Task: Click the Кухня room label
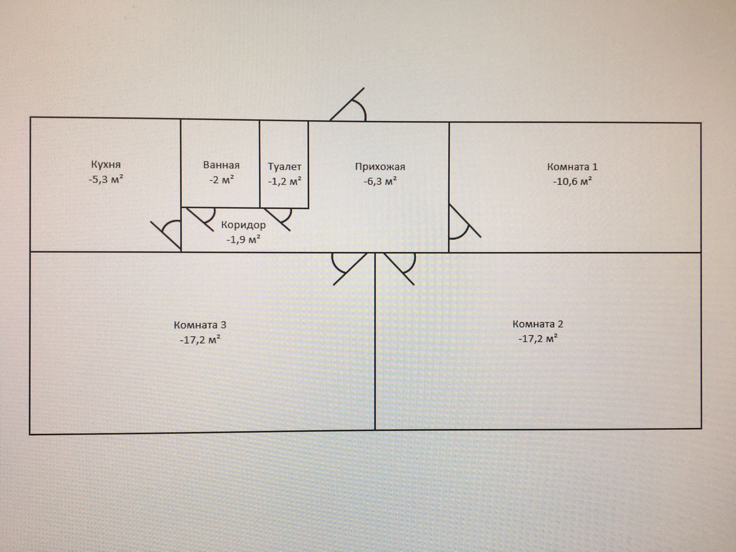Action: [106, 164]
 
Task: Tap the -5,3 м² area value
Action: [106, 179]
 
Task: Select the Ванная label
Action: [221, 165]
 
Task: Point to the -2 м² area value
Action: [221, 180]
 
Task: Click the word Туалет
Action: [284, 167]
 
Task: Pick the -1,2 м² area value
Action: [284, 181]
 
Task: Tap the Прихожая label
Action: [380, 167]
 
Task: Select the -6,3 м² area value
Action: [380, 181]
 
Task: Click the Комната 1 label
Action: [572, 167]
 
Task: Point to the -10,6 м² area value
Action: [572, 181]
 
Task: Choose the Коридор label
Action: [243, 225]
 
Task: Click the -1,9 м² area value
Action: [243, 239]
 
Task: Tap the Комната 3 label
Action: [200, 325]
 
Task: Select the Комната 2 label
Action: [538, 324]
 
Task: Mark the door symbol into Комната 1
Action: [462, 223]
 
